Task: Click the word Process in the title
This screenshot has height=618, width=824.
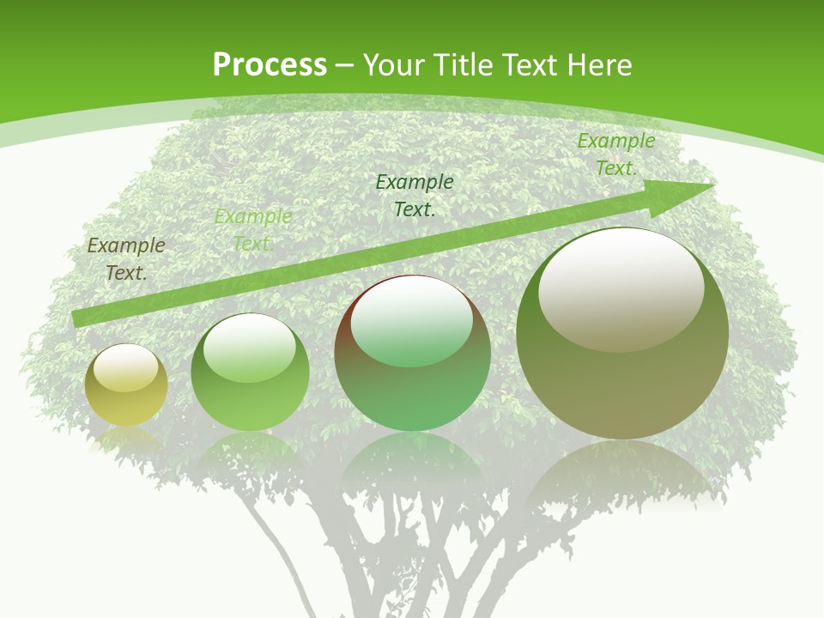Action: pyautogui.click(x=270, y=65)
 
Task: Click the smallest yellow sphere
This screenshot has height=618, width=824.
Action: pyautogui.click(x=126, y=385)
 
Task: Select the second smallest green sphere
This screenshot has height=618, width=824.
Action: pyautogui.click(x=250, y=373)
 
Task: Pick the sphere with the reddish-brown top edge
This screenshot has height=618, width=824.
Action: pyautogui.click(x=412, y=353)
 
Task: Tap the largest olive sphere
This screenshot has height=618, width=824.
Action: pyautogui.click(x=622, y=333)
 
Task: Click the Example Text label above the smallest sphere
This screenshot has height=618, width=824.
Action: pyautogui.click(x=126, y=259)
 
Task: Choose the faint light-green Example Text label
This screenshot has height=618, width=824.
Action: pyautogui.click(x=252, y=230)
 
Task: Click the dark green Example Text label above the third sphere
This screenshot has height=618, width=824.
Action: pyautogui.click(x=415, y=195)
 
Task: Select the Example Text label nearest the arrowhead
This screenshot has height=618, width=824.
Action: pyautogui.click(x=615, y=154)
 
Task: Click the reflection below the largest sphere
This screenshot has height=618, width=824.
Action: pyautogui.click(x=622, y=472)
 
